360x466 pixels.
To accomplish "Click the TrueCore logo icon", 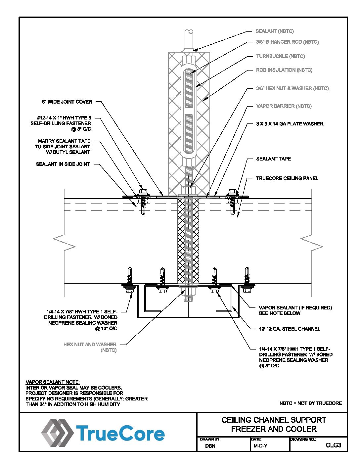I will [x=57, y=432].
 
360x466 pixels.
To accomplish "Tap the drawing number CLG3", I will [x=333, y=445].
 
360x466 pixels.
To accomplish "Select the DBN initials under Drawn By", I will [x=210, y=446].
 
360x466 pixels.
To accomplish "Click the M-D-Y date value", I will [x=260, y=446].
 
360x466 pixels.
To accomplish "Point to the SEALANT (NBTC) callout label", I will [x=274, y=31].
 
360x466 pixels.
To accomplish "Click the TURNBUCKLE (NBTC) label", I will [x=280, y=56].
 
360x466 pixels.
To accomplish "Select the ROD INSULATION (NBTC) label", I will [x=284, y=70].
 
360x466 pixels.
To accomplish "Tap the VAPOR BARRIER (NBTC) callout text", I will [x=284, y=106].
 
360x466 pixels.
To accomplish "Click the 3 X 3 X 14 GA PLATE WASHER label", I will [x=290, y=124].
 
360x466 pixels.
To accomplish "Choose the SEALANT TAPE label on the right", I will [x=273, y=159].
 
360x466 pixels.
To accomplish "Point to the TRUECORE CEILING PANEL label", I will [x=287, y=178].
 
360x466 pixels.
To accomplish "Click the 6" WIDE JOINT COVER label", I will [x=67, y=102].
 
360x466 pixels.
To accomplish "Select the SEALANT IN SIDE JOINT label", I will [x=63, y=164].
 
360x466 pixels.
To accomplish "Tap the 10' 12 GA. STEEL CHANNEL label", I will [x=290, y=329].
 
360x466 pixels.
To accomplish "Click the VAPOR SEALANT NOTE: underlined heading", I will [x=53, y=382].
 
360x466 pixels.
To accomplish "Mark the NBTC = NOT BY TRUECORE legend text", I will [x=310, y=403].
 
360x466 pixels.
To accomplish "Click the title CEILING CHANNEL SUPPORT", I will [x=274, y=420].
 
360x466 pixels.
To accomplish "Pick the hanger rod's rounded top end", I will [x=189, y=32].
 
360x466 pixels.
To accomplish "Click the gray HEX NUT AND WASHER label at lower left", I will [x=90, y=345].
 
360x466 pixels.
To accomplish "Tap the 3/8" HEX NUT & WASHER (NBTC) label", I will [x=292, y=88].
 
